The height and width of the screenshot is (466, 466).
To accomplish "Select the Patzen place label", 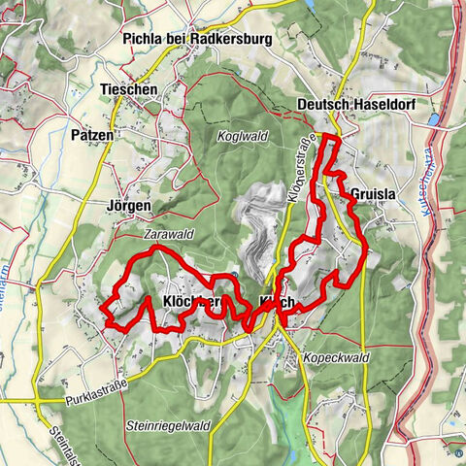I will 91,136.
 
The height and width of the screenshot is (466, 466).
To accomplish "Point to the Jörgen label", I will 128,206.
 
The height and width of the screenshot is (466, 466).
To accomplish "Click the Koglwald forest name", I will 242,136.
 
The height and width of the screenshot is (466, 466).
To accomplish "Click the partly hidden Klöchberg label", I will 194,302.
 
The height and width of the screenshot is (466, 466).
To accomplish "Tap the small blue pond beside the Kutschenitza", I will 434,120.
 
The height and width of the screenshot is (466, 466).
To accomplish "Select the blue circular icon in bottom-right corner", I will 457,449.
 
